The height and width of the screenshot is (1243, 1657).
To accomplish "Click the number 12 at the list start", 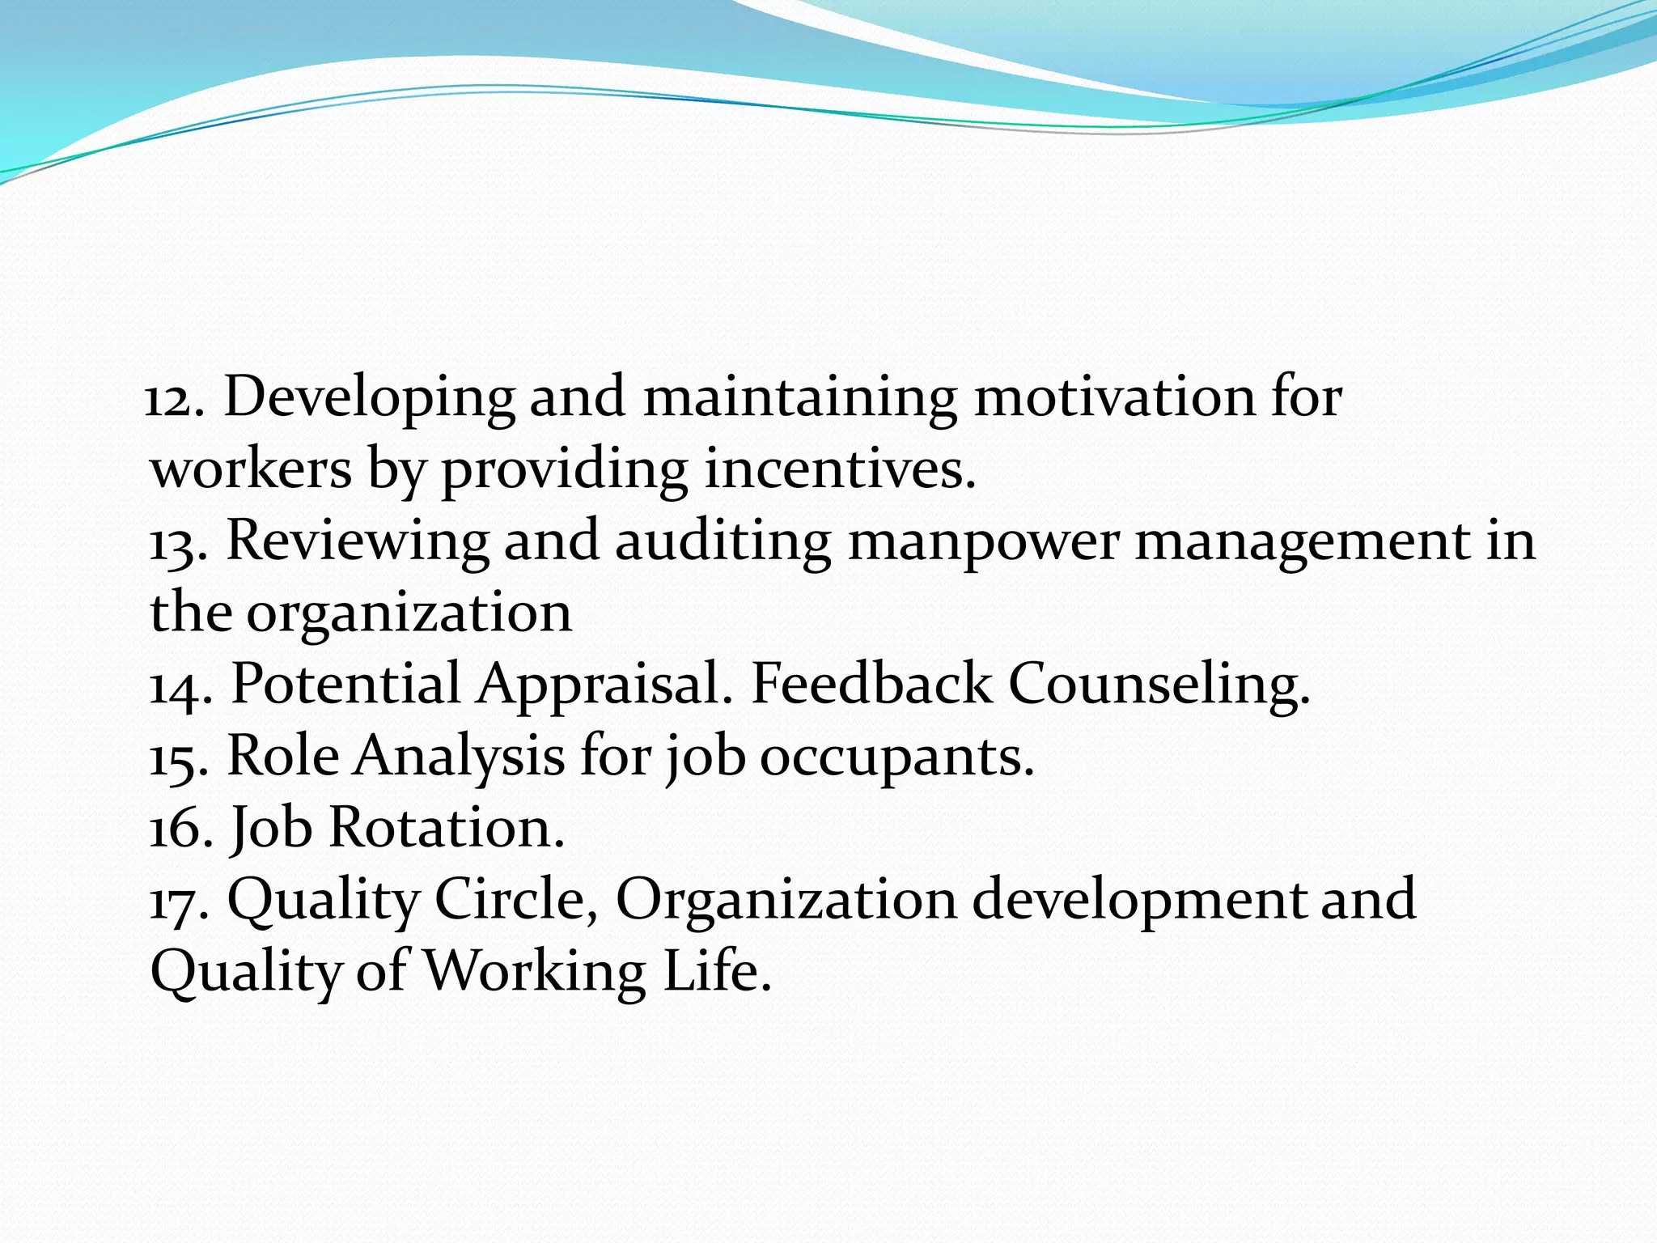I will click(172, 399).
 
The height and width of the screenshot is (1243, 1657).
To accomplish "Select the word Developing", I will click(369, 399).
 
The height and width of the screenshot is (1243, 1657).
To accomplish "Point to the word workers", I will click(252, 469).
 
